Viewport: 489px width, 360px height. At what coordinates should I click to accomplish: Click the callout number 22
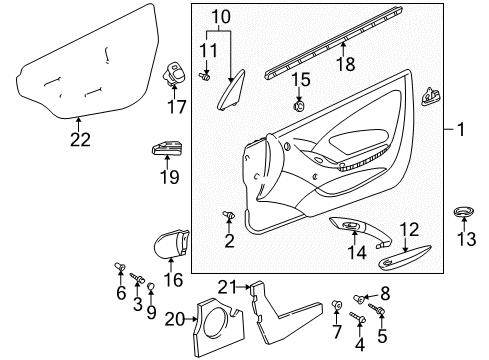pos(80,140)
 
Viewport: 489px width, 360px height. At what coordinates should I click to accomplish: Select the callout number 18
pos(346,64)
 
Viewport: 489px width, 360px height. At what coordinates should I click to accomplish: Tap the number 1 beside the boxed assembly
pos(461,129)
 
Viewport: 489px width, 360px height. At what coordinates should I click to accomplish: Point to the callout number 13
pos(466,239)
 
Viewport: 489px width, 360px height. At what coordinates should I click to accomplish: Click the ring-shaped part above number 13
pos(464,212)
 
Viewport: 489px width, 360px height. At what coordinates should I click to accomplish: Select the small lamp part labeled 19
pos(167,148)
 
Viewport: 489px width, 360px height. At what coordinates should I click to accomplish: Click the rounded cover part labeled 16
pos(171,244)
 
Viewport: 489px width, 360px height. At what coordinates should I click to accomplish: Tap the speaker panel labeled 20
pos(218,328)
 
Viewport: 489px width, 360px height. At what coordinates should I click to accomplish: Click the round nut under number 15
pos(299,106)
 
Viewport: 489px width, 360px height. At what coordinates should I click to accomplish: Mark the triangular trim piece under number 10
pos(231,90)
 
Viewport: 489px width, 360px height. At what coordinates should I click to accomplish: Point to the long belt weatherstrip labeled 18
pos(333,43)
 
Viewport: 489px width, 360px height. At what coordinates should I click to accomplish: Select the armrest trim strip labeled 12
pos(404,256)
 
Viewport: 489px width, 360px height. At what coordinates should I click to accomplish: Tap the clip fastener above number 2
pos(229,214)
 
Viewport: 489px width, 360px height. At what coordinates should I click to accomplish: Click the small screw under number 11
pos(204,77)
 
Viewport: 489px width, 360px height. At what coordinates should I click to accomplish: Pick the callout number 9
pos(151,313)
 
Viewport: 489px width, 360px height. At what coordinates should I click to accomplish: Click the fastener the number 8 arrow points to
pos(359,299)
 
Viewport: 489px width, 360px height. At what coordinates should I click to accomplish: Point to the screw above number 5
pos(377,309)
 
